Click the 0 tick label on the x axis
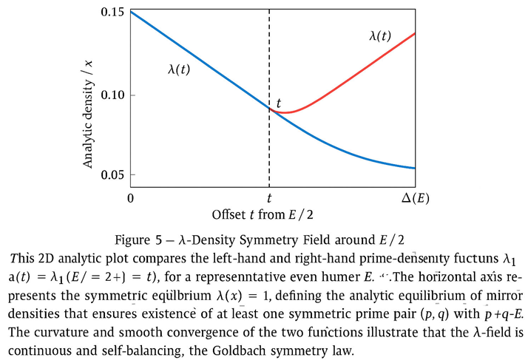click(130, 197)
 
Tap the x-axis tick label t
click(269, 197)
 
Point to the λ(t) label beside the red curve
click(380, 35)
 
